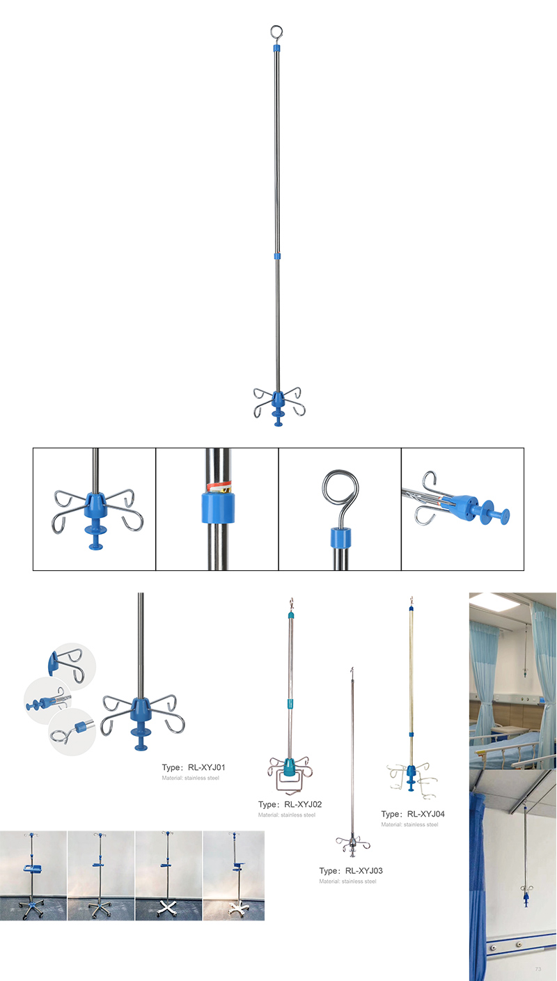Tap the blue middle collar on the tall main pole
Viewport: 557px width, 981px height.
click(x=276, y=256)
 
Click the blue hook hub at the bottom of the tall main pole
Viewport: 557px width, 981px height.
click(x=278, y=400)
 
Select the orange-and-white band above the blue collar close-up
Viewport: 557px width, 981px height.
click(x=219, y=487)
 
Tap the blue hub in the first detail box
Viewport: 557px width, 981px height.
click(x=95, y=504)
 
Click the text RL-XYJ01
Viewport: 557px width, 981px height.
click(x=207, y=767)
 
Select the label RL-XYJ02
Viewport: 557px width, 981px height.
click(x=303, y=804)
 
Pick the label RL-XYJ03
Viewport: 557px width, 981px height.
click(x=364, y=870)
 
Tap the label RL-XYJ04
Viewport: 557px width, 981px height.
click(x=425, y=814)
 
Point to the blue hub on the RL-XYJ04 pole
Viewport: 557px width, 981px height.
click(x=411, y=770)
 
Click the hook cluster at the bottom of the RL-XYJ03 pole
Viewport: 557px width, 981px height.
click(x=352, y=845)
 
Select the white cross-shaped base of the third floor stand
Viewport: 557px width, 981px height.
click(x=168, y=907)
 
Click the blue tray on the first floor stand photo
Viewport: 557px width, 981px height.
click(x=33, y=868)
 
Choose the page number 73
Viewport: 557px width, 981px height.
click(x=538, y=969)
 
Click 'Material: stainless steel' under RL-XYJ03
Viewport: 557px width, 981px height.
click(x=347, y=881)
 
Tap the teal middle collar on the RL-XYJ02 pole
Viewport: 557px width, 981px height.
click(x=290, y=704)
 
